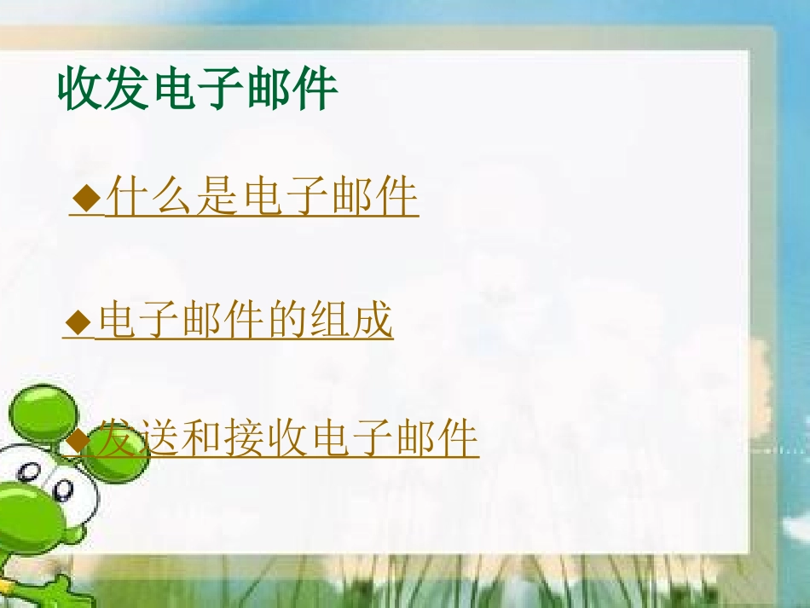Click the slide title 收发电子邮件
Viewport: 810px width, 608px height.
198,90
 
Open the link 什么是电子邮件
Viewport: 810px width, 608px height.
261,198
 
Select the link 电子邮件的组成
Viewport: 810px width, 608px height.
245,321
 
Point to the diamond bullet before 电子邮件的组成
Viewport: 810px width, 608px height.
78,322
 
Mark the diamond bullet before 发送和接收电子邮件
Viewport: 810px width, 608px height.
78,440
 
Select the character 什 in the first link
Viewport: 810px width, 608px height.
125,198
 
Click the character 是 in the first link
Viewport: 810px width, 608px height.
217,198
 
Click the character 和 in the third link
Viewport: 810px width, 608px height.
201,439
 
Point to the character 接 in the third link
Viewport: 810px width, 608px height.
246,439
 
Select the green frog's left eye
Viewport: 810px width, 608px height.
64,489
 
